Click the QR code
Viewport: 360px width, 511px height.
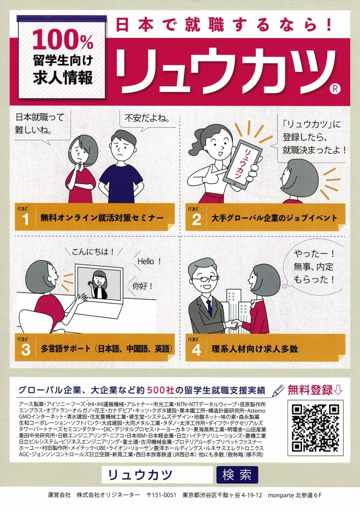pos(315,428)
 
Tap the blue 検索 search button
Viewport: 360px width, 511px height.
pos(237,475)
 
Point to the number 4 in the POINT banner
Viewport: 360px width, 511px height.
pos(196,350)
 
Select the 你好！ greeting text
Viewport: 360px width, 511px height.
pos(142,286)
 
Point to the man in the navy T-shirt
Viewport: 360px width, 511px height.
pos(121,166)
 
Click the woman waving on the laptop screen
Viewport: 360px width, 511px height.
pos(99,284)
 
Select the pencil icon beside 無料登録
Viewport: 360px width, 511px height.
pos(278,390)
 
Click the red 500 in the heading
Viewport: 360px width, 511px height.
pos(158,390)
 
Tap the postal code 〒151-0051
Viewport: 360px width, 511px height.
pos(162,495)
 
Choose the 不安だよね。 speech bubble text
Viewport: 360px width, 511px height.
pos(148,118)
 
